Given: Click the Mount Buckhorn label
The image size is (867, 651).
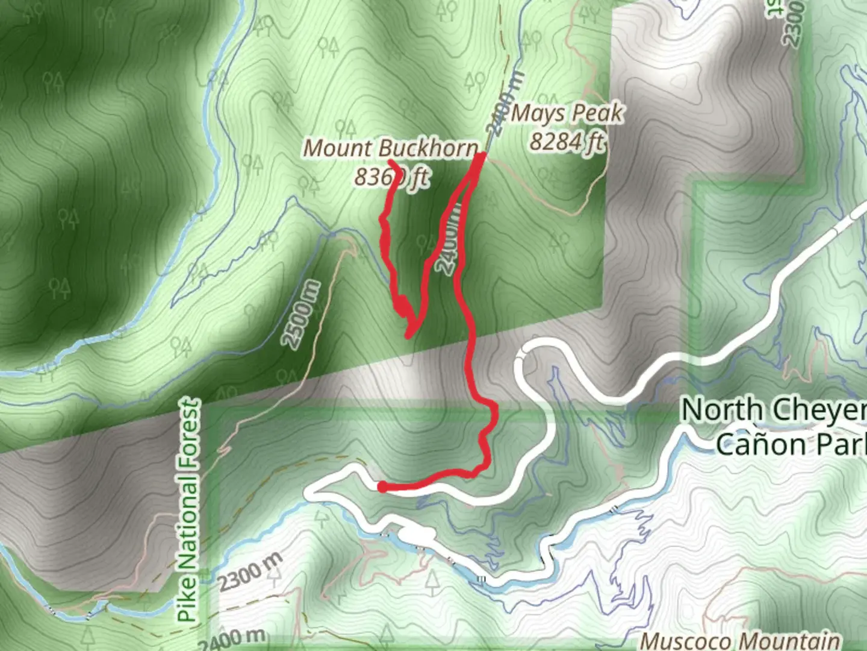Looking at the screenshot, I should tap(391, 148).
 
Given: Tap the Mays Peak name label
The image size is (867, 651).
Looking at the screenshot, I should tap(567, 113).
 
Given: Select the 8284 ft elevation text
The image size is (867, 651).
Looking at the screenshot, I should tap(567, 142).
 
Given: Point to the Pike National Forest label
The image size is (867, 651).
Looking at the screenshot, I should tap(189, 510).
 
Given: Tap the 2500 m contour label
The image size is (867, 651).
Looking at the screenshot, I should tap(301, 315).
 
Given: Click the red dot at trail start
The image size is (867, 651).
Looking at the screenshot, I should tap(382, 487).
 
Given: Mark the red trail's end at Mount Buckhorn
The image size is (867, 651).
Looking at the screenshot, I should tap(391, 162).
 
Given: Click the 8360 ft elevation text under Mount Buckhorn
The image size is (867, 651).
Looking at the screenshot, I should tap(391, 177).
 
